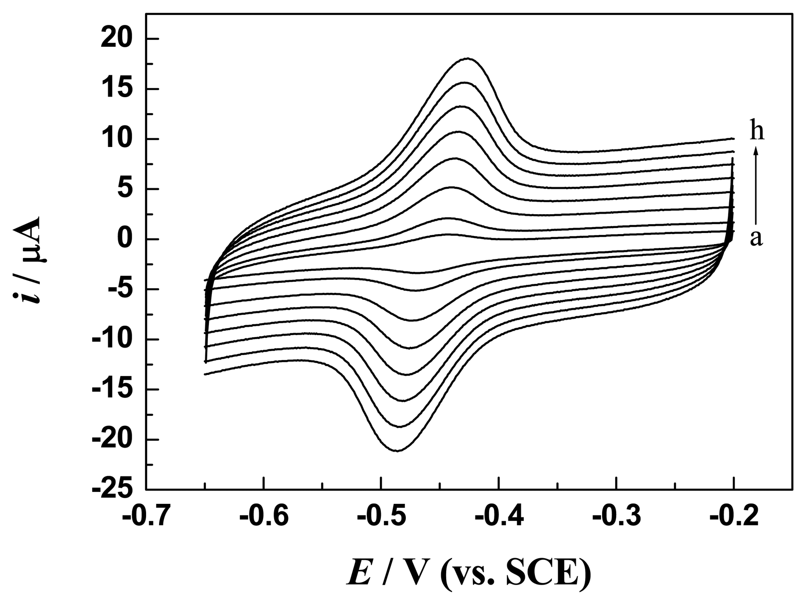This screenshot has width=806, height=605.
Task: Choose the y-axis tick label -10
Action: coord(112,340)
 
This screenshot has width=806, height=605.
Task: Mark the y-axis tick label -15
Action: coord(112,390)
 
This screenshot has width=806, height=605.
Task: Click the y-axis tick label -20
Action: coord(112,440)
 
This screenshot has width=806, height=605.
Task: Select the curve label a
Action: coord(756,239)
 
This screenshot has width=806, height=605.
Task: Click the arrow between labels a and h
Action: coord(756,184)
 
